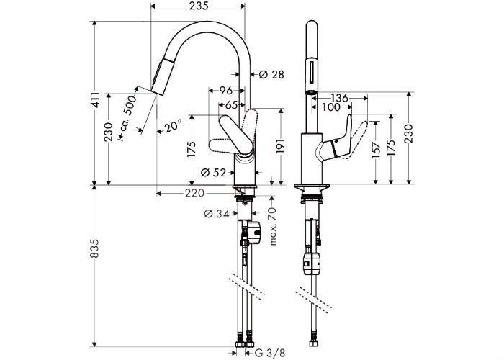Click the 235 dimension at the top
(x=198, y=6)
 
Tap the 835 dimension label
(x=94, y=248)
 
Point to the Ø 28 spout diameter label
(x=271, y=75)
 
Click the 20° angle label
(x=174, y=126)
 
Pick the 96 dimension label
(x=225, y=90)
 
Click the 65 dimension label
(x=231, y=105)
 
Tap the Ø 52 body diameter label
(x=213, y=173)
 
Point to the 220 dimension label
(x=195, y=193)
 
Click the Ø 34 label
(x=217, y=213)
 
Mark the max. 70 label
(x=273, y=226)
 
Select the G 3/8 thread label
(x=270, y=353)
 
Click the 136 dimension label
(x=339, y=98)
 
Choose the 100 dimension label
(x=331, y=107)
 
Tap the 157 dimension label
(x=376, y=149)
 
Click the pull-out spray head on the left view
(x=158, y=76)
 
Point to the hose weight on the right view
(x=312, y=264)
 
